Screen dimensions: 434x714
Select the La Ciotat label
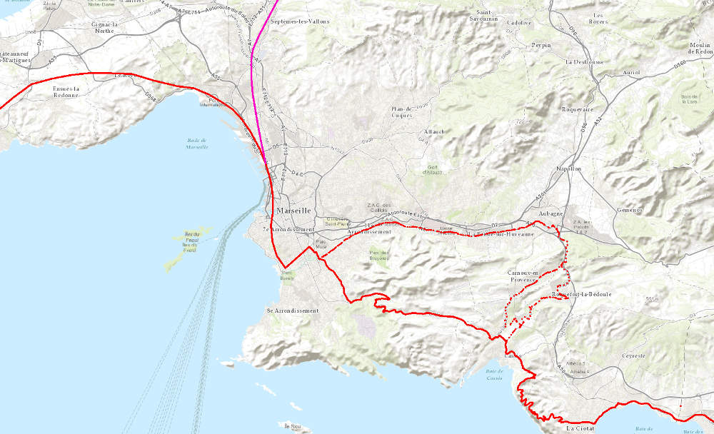(580, 429)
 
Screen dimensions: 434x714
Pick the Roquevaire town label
(579, 109)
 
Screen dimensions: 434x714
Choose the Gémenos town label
(630, 210)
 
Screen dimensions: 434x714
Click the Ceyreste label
(633, 355)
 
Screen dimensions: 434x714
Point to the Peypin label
(541, 45)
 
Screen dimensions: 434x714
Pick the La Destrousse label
(584, 62)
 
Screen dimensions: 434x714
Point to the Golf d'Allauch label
(432, 170)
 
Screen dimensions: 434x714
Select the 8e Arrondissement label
(293, 311)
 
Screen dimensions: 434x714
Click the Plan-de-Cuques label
(402, 112)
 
